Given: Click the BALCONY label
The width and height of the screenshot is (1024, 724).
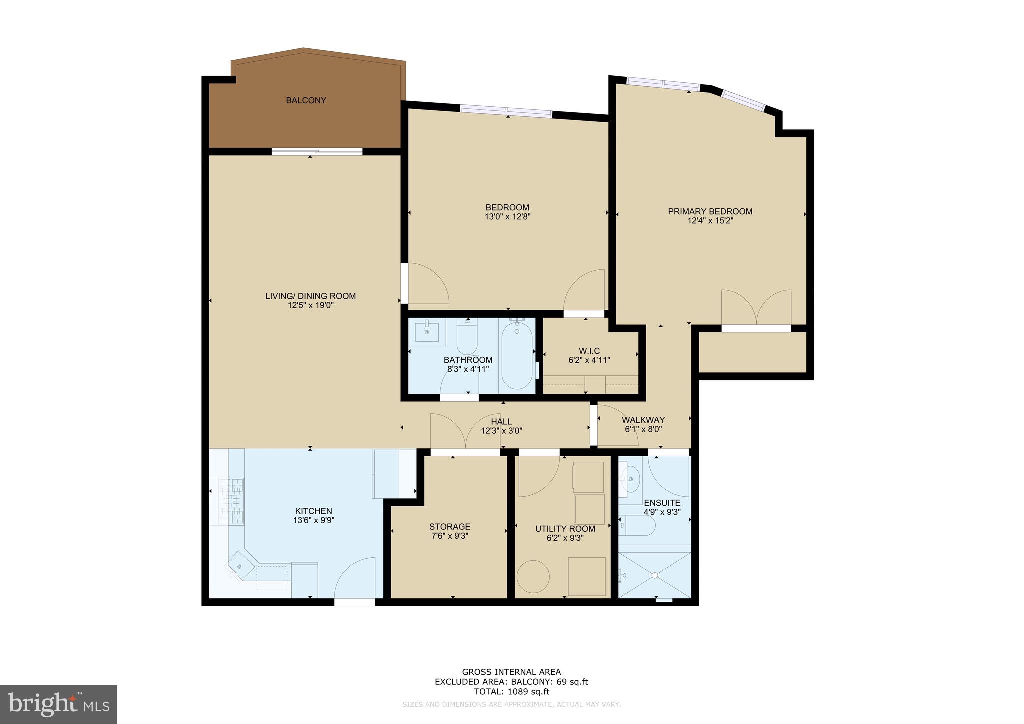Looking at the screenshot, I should [306, 100].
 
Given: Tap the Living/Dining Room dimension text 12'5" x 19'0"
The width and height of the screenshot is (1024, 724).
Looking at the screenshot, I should [310, 305].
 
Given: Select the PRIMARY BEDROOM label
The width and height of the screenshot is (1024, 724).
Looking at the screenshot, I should [710, 211].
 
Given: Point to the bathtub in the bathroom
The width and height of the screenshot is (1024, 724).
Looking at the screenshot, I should [517, 355].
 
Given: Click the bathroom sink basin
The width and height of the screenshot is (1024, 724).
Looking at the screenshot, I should [427, 331].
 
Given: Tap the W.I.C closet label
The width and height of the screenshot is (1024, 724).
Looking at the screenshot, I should [589, 351].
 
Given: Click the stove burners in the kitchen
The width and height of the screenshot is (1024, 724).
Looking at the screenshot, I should [232, 501].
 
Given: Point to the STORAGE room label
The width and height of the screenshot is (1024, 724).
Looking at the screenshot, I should [450, 527].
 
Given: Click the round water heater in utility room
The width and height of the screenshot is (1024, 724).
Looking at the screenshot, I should [533, 577].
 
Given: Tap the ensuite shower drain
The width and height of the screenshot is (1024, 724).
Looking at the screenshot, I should [654, 575].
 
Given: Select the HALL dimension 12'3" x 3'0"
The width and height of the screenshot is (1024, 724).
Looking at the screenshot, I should [501, 431].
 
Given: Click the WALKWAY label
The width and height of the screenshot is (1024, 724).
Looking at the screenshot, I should [643, 420].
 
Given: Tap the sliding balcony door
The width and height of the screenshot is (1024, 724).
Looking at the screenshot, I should [317, 151].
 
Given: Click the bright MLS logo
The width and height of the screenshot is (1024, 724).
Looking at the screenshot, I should [59, 704].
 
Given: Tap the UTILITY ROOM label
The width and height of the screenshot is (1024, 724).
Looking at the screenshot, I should [565, 529].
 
